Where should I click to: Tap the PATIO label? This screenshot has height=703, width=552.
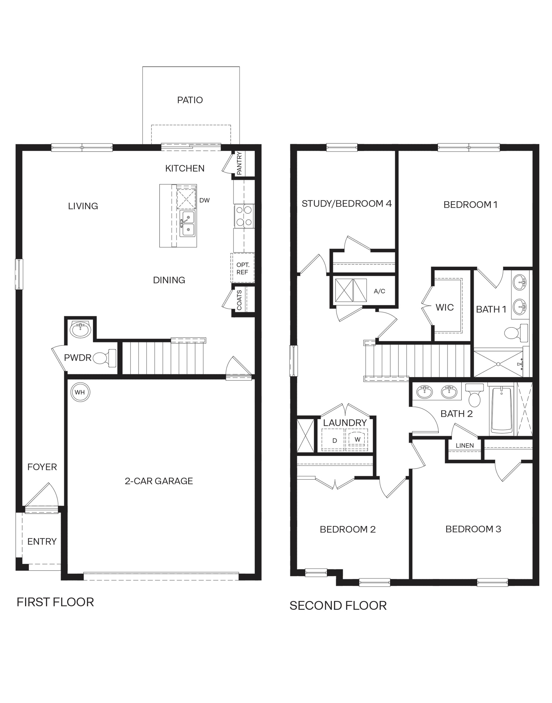pos(190,100)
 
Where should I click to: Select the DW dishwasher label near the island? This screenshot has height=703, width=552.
pos(204,201)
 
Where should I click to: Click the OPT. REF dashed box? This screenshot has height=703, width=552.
pos(242,268)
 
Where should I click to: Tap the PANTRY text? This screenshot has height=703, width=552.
pos(239,164)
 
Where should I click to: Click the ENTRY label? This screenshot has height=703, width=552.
pos(42,541)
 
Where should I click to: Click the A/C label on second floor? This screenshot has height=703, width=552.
pos(379,291)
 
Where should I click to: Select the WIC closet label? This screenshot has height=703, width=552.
pos(445,307)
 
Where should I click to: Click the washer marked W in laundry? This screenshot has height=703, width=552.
pos(357,439)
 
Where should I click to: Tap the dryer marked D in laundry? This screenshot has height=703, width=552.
pos(335,440)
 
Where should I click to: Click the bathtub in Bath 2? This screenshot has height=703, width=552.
pos(502,410)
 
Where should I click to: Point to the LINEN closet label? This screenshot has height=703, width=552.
pos(465,446)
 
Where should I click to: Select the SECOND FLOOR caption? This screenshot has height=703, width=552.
pos(338,605)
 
